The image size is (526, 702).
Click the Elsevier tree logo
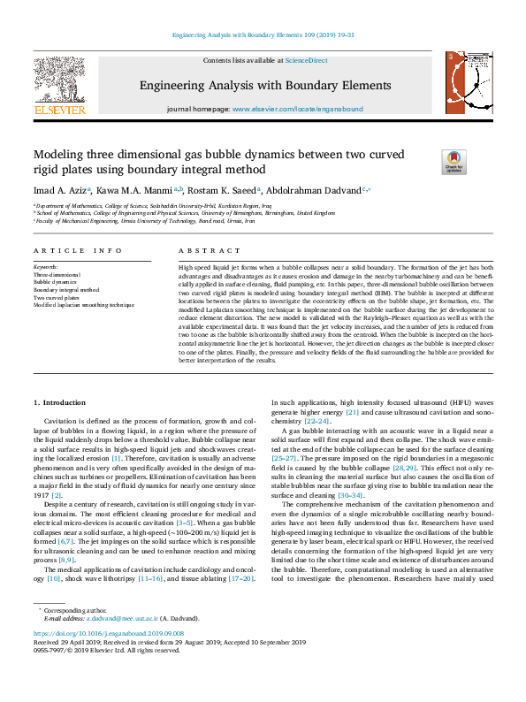(59, 80)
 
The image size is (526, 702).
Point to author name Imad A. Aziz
(59, 190)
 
